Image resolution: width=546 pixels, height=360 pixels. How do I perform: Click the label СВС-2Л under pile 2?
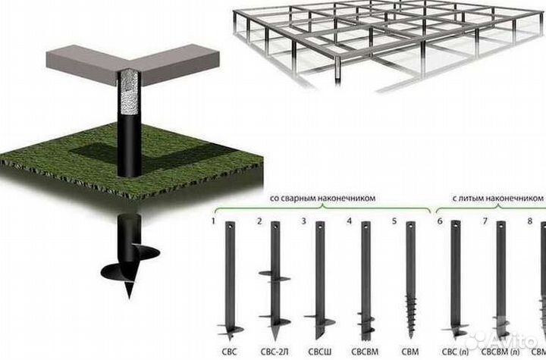(275, 352)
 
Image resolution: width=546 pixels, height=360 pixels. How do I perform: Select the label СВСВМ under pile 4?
(365, 352)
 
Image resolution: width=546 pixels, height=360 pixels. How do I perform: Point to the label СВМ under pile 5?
(410, 352)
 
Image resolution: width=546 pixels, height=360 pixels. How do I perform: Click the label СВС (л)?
(456, 352)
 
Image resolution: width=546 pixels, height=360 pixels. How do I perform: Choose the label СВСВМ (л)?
(500, 352)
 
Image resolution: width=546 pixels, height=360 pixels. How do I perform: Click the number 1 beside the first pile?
(213, 221)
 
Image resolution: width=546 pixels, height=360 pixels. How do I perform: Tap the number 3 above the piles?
(303, 221)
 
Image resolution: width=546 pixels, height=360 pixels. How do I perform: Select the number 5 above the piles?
(394, 221)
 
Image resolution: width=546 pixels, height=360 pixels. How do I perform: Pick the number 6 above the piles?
(440, 221)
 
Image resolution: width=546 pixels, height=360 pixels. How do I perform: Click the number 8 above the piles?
(530, 221)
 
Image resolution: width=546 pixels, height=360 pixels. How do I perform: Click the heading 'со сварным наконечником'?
(323, 198)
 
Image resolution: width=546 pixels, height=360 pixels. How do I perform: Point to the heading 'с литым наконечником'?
(498, 198)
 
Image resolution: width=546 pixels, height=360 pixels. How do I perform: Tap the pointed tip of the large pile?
(130, 297)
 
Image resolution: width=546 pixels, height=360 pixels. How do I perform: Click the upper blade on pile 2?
(275, 276)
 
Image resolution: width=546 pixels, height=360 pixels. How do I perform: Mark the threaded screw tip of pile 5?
(411, 316)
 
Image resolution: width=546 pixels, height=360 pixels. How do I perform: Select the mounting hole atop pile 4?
(366, 227)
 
